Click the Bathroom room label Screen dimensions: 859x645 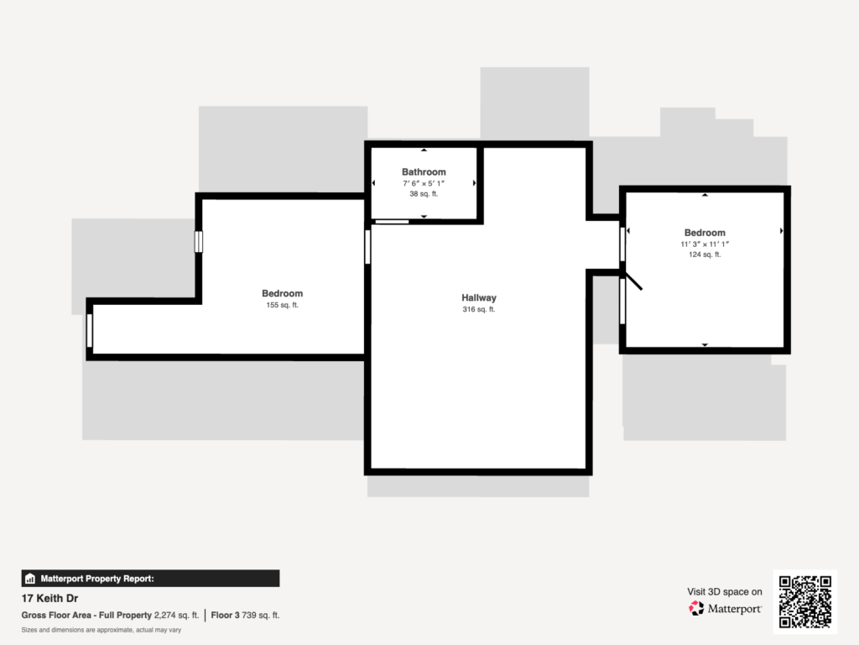point(424,171)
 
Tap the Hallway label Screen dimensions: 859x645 point(479,298)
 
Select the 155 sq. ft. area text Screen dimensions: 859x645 point(282,305)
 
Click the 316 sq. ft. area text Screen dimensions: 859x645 point(479,309)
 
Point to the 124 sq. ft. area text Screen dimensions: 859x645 point(705,254)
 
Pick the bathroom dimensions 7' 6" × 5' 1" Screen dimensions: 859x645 point(424,184)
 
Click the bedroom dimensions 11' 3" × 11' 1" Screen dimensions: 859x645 point(705,244)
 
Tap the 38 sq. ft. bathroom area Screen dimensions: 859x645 point(424,194)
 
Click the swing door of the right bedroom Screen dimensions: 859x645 point(633,281)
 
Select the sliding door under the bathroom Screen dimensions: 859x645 point(392,222)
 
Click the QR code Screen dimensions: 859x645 point(804,601)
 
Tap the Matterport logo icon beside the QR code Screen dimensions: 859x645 point(696,608)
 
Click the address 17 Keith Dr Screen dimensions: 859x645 point(49,598)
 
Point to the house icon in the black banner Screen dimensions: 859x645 point(30,579)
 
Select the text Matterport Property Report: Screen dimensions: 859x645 point(97,579)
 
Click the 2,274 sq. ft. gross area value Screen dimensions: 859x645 point(176,616)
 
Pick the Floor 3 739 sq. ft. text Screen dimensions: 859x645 point(245,616)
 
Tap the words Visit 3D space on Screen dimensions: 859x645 point(725,592)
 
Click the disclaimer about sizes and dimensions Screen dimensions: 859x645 point(102,630)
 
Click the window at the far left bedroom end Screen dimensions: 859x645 point(90,330)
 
